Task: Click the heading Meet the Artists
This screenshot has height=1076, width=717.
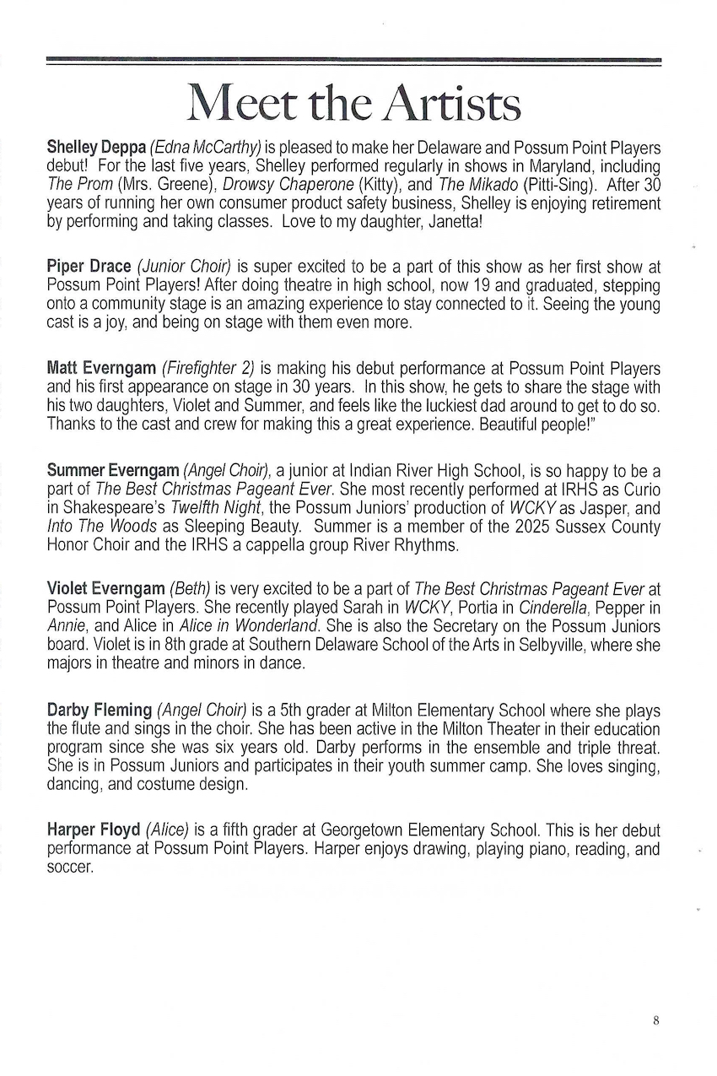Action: point(354,104)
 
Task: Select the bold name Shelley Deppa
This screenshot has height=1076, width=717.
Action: point(95,148)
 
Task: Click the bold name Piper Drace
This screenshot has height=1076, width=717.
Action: point(89,268)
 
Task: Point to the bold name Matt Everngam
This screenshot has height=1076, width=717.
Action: point(101,368)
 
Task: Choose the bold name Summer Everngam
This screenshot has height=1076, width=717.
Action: point(112,469)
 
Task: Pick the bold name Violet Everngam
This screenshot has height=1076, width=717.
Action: point(106,589)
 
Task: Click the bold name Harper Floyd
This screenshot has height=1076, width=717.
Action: point(94,830)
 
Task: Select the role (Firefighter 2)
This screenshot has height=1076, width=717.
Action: point(208,368)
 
